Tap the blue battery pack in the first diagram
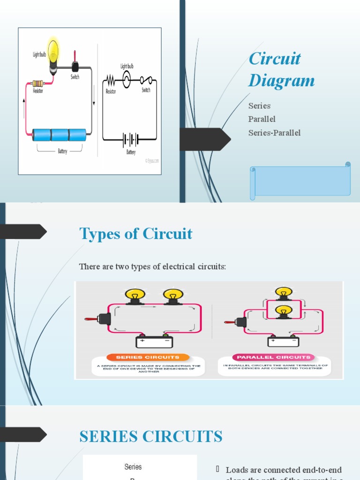tap(60, 135)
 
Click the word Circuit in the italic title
tap(275, 59)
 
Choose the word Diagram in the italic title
tap(282, 81)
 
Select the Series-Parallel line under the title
tap(274, 133)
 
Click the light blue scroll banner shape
tap(300, 180)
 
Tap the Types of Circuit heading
tap(136, 233)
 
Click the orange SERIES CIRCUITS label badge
tap(148, 357)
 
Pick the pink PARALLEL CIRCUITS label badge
tap(274, 357)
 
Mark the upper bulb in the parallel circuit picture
tap(283, 294)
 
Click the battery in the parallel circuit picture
tap(284, 341)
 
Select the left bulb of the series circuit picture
tap(135, 296)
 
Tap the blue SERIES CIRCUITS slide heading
tap(151, 436)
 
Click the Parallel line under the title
tap(262, 119)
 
